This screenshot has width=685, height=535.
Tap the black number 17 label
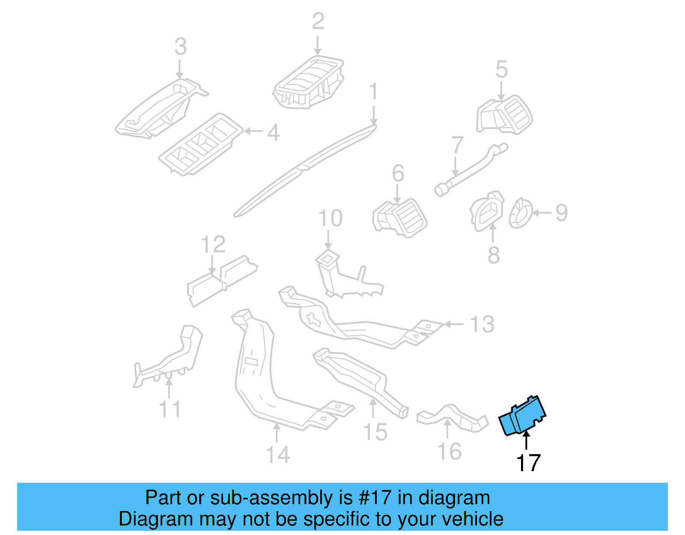point(528,463)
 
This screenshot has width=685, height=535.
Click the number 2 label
point(318,21)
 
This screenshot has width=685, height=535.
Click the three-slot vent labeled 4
point(200,145)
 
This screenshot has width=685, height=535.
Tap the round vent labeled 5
point(505,115)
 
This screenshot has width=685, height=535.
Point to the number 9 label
point(561,212)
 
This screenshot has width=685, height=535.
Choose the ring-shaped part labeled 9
point(521,213)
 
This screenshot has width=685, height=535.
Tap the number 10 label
point(330,218)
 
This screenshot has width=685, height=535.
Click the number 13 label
point(482,324)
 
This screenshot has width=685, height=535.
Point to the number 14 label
point(278,454)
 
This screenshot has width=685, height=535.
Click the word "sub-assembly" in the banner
point(271,498)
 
